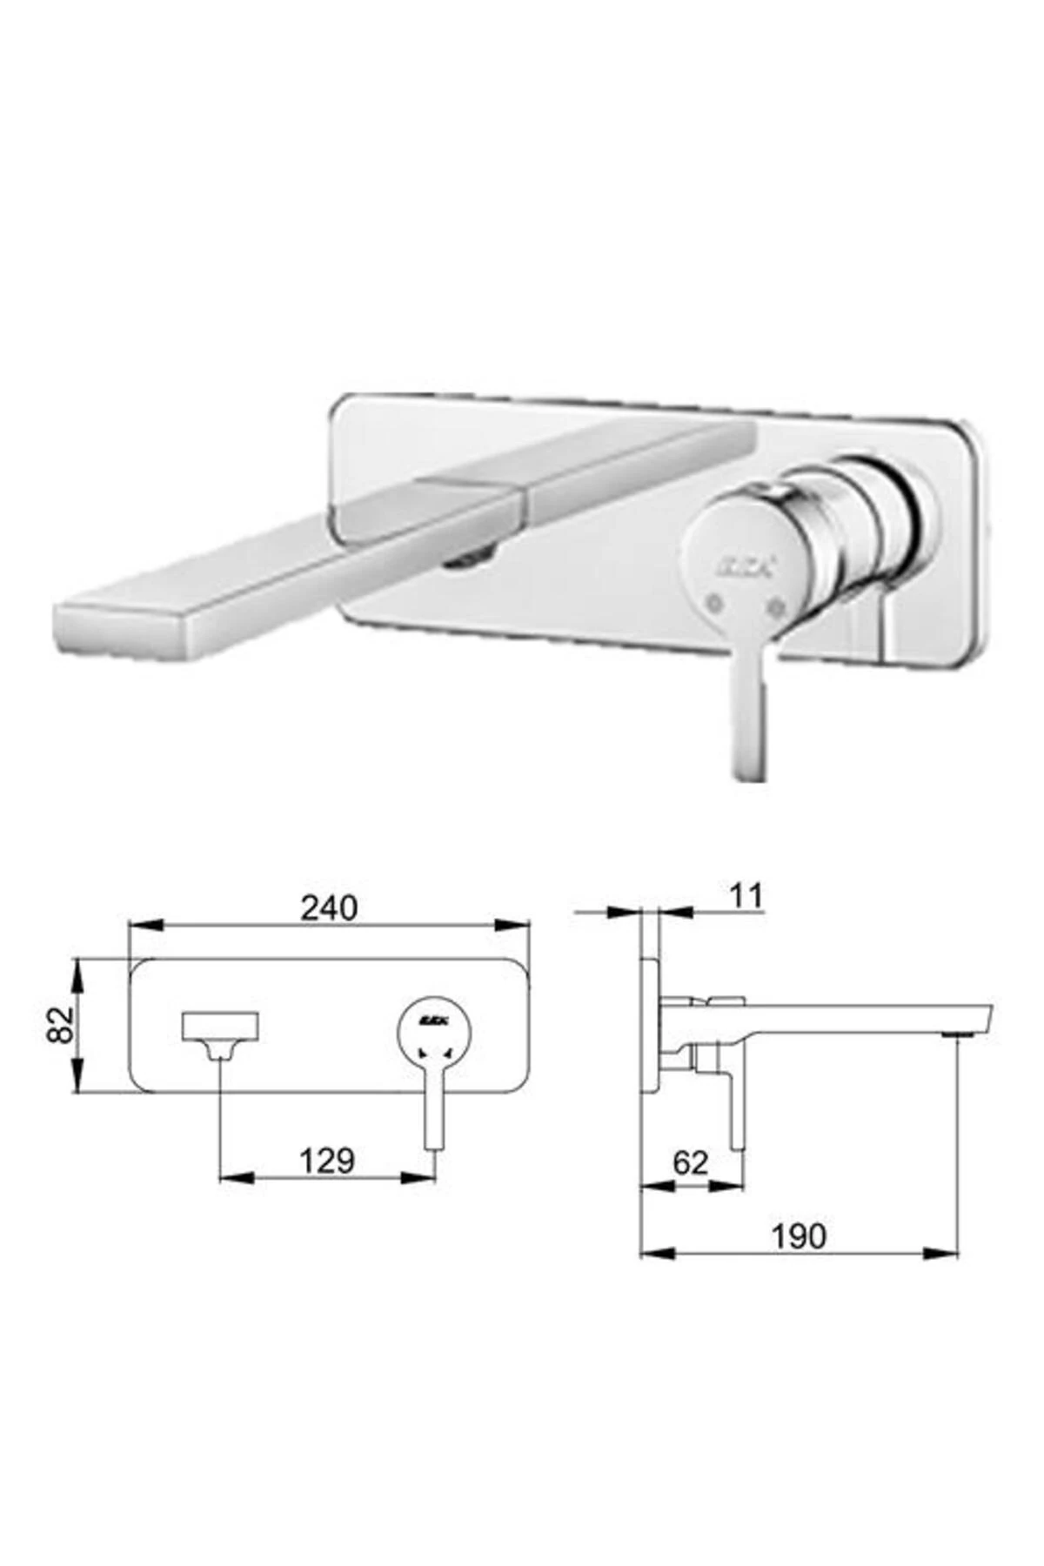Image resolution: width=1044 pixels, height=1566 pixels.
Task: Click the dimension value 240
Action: [329, 907]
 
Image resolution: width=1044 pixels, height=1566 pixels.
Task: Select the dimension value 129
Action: [327, 1161]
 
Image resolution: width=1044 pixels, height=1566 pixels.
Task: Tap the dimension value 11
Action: [745, 895]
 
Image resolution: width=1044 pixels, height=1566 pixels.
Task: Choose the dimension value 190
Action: [799, 1235]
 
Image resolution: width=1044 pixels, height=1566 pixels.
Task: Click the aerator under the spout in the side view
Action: [959, 1034]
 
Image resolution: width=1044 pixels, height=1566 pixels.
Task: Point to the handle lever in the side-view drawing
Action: [736, 1105]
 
